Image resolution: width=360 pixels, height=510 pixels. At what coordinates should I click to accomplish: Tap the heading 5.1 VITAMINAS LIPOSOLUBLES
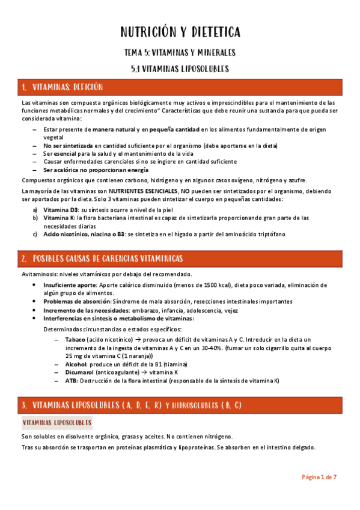point(180,69)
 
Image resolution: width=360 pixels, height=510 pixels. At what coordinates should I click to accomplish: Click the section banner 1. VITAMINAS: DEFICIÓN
point(62,88)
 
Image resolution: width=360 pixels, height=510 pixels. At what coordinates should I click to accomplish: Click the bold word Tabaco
point(75,340)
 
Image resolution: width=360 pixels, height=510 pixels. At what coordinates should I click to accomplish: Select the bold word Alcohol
point(76,364)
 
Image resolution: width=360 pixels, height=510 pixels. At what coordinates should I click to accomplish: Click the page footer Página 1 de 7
point(319,477)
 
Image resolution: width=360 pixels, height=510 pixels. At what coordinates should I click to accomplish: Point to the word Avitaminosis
point(40,274)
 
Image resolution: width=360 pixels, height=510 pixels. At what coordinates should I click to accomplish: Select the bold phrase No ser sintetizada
point(68,146)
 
